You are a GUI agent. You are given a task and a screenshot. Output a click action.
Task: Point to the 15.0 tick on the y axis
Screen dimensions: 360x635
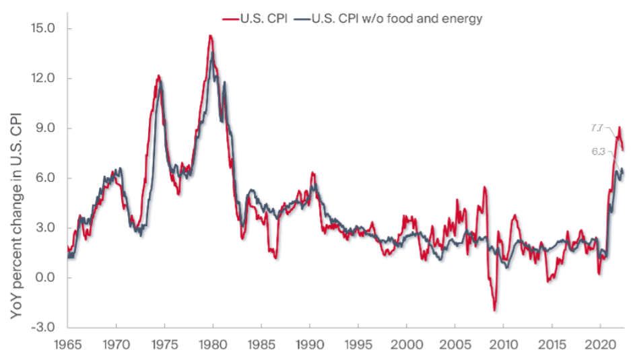[46, 29]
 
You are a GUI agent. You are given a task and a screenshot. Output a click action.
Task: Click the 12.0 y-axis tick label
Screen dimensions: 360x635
[46, 79]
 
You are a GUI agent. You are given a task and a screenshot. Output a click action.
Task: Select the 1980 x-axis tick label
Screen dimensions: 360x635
[213, 345]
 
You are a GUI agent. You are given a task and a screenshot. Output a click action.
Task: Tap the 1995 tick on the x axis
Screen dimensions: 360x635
[358, 345]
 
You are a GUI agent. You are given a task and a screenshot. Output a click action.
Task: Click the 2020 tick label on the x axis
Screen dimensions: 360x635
[600, 345]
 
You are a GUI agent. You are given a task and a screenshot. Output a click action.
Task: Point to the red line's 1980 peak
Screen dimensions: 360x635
[211, 36]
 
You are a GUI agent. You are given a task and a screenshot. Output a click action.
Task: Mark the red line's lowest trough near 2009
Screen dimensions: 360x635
[495, 310]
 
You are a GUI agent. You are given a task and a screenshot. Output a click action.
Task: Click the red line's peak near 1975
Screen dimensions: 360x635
[158, 75]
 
